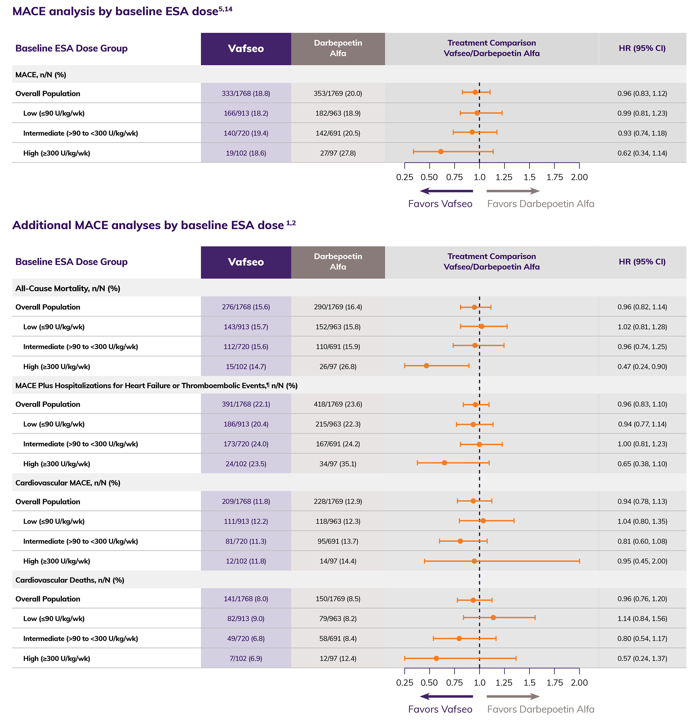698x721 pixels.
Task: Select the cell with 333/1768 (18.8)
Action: click(246, 94)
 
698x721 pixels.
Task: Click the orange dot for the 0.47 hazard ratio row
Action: click(426, 366)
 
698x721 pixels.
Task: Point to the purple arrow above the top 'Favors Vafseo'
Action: click(446, 191)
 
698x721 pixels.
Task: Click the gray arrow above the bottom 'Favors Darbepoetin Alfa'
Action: click(513, 697)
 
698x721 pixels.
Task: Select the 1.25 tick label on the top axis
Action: click(504, 177)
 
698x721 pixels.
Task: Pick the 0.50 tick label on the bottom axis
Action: click(429, 683)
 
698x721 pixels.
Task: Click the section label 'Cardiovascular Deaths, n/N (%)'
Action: click(69, 580)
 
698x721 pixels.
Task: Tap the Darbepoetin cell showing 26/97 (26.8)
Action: click(338, 367)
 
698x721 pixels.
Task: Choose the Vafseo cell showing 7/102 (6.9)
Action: click(246, 659)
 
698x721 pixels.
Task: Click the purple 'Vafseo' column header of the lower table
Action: click(246, 262)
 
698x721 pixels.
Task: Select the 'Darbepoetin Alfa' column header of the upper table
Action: click(338, 48)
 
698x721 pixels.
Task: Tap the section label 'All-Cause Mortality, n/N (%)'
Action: click(68, 288)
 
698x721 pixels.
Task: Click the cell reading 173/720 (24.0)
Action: click(246, 444)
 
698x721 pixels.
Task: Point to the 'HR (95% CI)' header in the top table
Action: click(642, 48)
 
